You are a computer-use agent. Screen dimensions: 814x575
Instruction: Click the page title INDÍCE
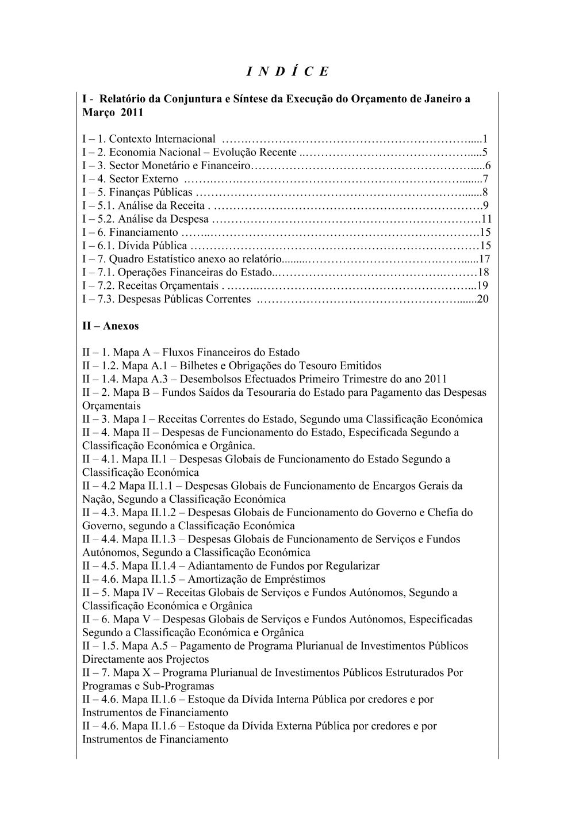pyautogui.click(x=287, y=71)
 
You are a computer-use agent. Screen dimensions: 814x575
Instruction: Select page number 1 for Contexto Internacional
pyautogui.click(x=485, y=139)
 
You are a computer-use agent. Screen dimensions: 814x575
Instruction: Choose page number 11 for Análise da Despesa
pyautogui.click(x=486, y=219)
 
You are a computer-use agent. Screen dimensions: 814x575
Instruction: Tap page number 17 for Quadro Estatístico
pyautogui.click(x=484, y=259)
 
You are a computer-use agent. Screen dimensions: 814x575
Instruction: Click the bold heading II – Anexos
pyautogui.click(x=110, y=326)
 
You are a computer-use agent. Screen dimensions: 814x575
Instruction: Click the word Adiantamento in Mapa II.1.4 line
pyautogui.click(x=221, y=566)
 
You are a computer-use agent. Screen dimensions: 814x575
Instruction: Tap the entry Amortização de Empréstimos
pyautogui.click(x=256, y=579)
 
